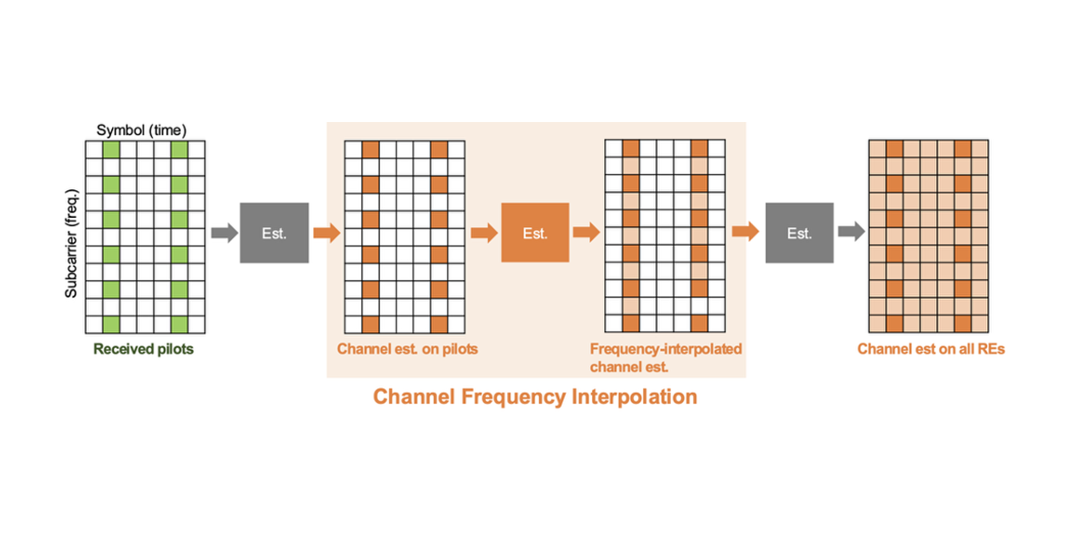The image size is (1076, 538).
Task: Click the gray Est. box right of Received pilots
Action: (274, 233)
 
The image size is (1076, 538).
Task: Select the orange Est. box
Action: (535, 232)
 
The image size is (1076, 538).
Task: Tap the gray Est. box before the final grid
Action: (799, 233)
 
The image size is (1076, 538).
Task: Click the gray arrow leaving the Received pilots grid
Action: (225, 232)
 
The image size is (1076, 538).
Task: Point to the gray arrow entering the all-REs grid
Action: (851, 231)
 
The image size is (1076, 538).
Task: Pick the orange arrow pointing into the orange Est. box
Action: (484, 232)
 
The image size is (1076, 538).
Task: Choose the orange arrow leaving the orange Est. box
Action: (586, 232)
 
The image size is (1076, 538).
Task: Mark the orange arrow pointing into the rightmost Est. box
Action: (745, 231)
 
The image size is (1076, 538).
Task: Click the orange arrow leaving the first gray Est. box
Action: (326, 232)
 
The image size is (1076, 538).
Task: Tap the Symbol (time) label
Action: (141, 130)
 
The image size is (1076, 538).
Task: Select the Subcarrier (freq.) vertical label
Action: (72, 243)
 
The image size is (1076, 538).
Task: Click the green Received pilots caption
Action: (143, 349)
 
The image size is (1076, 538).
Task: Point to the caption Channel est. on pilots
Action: (407, 349)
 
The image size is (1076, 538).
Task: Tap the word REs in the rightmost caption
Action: (991, 349)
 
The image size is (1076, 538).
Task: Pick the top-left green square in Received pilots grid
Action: (111, 150)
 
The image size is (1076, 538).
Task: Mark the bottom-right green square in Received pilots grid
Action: (179, 325)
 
